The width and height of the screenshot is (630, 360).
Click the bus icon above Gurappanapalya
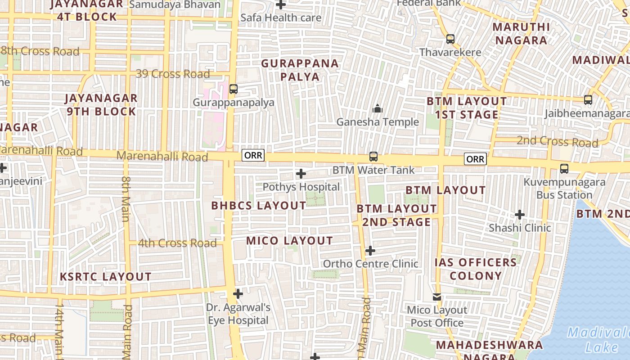(233, 89)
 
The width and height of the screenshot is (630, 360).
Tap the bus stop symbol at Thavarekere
(450, 39)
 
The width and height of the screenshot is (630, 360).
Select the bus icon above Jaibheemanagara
(588, 100)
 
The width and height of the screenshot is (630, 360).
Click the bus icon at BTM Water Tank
(373, 157)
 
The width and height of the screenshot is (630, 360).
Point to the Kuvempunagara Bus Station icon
(564, 169)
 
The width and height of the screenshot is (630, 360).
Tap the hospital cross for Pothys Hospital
(301, 174)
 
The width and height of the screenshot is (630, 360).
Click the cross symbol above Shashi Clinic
(520, 215)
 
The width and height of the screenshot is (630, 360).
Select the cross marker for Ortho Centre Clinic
(370, 251)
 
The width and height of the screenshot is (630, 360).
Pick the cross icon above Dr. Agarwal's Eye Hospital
(238, 294)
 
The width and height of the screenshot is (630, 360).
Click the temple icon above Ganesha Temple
(377, 108)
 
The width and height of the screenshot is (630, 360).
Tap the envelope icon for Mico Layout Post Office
(437, 297)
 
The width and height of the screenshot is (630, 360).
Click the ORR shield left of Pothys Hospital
(253, 156)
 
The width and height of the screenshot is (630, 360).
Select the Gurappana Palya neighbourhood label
(300, 70)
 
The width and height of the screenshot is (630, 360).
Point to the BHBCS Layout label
(259, 206)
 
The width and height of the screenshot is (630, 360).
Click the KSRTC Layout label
(106, 277)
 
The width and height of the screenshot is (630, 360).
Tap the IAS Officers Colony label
(476, 269)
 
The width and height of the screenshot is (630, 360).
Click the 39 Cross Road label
(173, 74)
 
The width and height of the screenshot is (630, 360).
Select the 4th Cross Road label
(177, 243)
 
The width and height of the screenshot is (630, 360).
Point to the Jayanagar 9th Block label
(101, 105)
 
